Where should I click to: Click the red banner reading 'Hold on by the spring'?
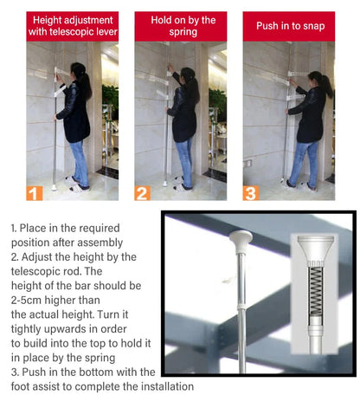[x=180, y=26]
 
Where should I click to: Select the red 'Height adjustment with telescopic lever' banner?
[x=72, y=26]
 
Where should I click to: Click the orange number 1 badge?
[x=35, y=193]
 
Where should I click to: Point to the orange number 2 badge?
[x=143, y=193]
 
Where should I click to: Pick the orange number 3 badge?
[x=251, y=193]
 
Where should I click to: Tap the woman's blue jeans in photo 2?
[x=184, y=156]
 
